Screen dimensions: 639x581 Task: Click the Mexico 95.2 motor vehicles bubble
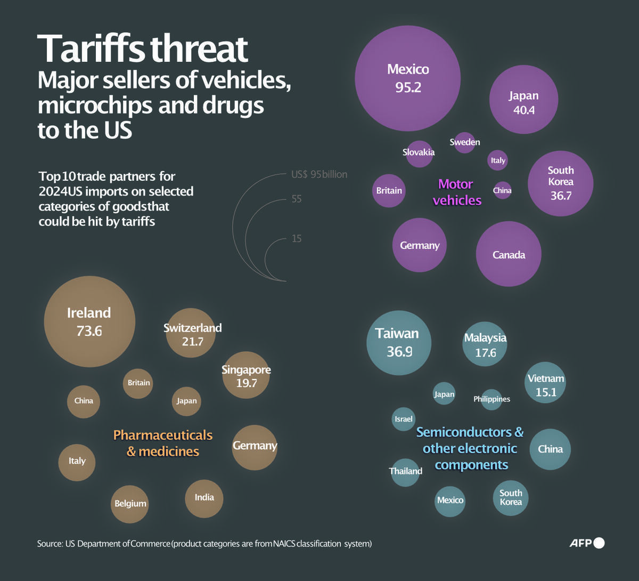pyautogui.click(x=408, y=78)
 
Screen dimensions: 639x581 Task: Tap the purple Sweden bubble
pyautogui.click(x=464, y=142)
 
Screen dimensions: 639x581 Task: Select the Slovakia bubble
pyautogui.click(x=419, y=154)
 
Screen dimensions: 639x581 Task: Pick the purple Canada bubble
pyautogui.click(x=509, y=254)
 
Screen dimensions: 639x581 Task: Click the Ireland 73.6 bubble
pyautogui.click(x=89, y=321)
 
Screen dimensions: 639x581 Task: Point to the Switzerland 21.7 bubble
pyautogui.click(x=191, y=333)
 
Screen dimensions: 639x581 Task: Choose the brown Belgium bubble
pyautogui.click(x=129, y=504)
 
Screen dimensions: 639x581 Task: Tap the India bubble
pyautogui.click(x=204, y=499)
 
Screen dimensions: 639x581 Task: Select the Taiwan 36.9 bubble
pyautogui.click(x=399, y=343)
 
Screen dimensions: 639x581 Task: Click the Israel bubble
pyautogui.click(x=404, y=419)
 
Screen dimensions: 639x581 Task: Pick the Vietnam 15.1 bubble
pyautogui.click(x=545, y=382)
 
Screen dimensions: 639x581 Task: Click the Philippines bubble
pyautogui.click(x=491, y=400)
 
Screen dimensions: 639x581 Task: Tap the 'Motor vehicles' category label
pyautogui.click(x=457, y=192)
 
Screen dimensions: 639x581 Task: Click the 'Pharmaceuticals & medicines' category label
pyautogui.click(x=163, y=443)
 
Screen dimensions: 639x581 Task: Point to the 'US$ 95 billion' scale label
pyautogui.click(x=319, y=174)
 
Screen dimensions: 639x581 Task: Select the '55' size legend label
pyautogui.click(x=297, y=199)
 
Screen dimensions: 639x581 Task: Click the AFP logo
pyautogui.click(x=587, y=543)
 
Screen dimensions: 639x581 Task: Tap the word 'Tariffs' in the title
pyautogui.click(x=91, y=49)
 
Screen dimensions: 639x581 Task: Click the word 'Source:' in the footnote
pyautogui.click(x=50, y=543)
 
